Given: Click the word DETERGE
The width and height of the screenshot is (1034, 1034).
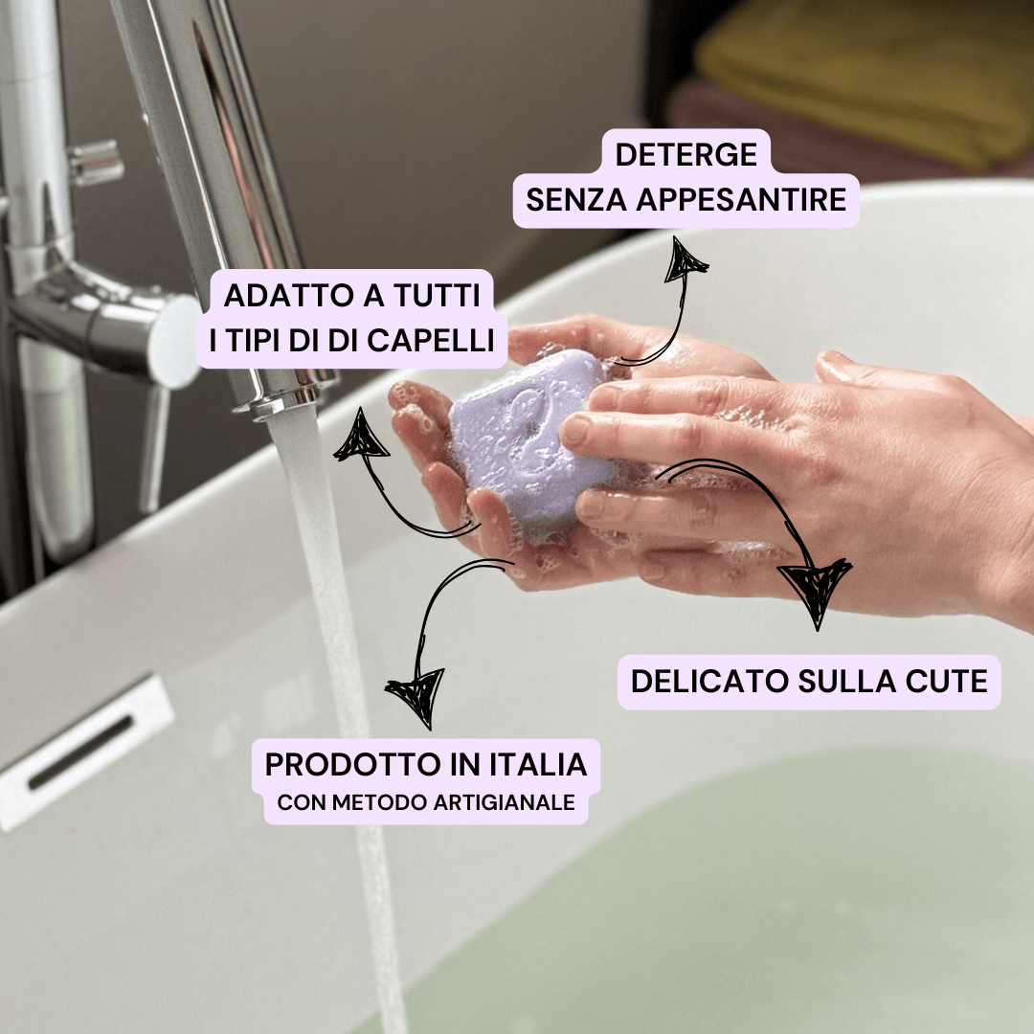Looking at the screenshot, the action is pyautogui.click(x=686, y=155).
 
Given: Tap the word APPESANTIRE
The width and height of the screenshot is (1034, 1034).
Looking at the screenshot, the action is pyautogui.click(x=741, y=200).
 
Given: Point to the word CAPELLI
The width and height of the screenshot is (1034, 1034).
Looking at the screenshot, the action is pyautogui.click(x=430, y=341).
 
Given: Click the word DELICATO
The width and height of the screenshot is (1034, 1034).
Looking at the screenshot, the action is pyautogui.click(x=709, y=682).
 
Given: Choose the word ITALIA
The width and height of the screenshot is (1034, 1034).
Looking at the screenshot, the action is pyautogui.click(x=538, y=765).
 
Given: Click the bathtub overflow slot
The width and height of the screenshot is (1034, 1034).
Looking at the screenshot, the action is pyautogui.click(x=80, y=753).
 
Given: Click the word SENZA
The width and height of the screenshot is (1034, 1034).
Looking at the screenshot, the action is pyautogui.click(x=575, y=200).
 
